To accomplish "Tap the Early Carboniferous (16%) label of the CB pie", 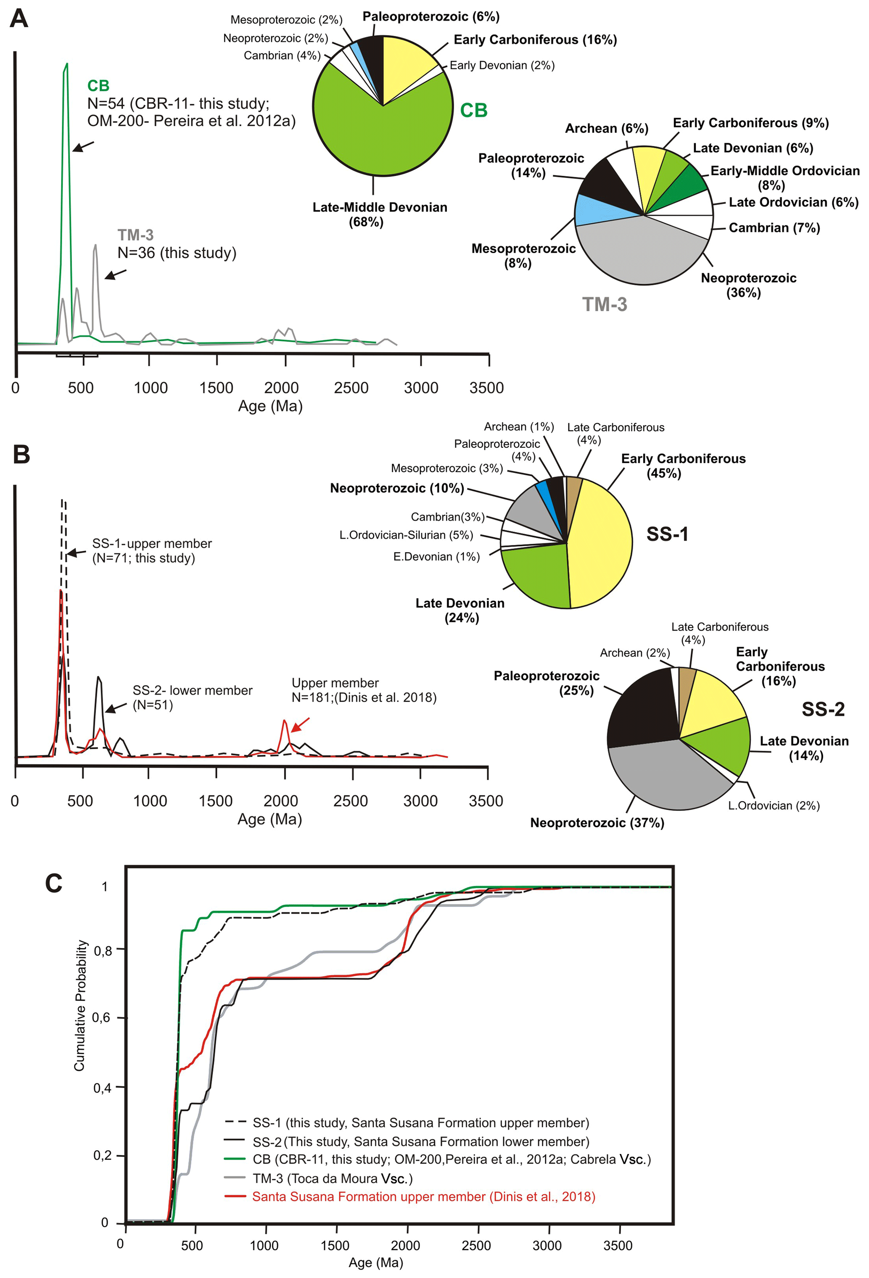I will pyautogui.click(x=535, y=40).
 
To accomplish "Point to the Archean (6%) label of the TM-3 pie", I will pyautogui.click(x=606, y=128).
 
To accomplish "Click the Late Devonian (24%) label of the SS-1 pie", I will pyautogui.click(x=460, y=610).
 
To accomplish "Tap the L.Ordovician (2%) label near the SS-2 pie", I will pyautogui.click(x=773, y=805).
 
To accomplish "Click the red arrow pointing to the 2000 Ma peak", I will pyautogui.click(x=300, y=724).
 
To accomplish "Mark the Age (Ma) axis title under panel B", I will pyautogui.click(x=269, y=819).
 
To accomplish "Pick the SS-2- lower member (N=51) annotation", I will pyautogui.click(x=192, y=697).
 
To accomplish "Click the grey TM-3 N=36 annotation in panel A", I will pyautogui.click(x=176, y=244).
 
